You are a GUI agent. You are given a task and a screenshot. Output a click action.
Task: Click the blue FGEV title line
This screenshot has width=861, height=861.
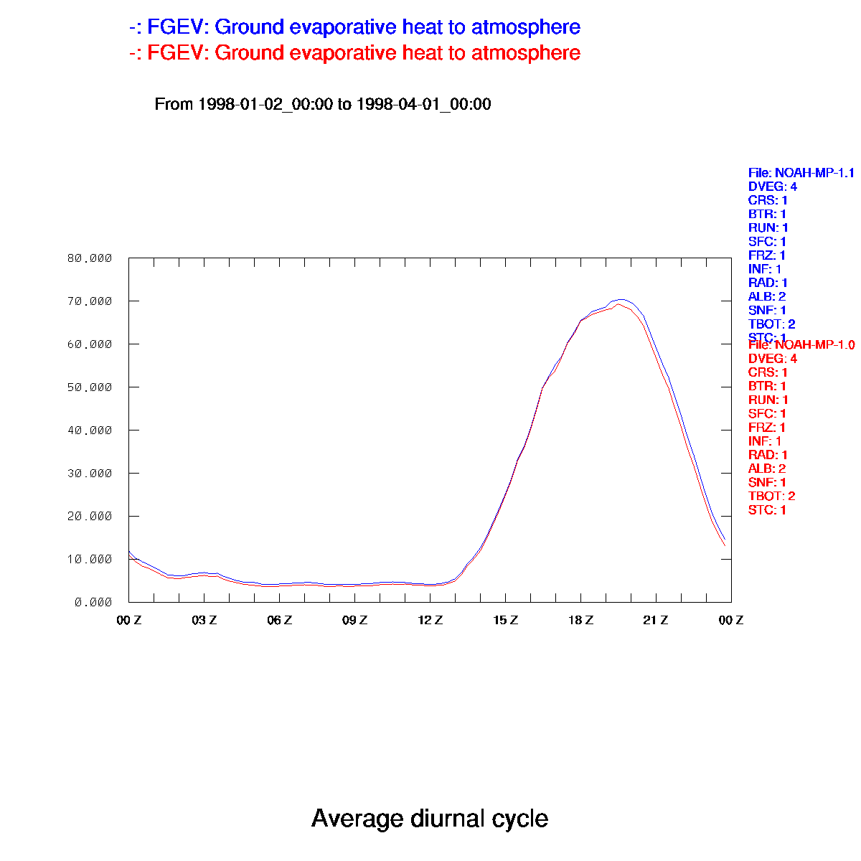tap(354, 27)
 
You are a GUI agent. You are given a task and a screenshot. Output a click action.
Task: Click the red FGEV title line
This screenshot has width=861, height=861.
tap(354, 53)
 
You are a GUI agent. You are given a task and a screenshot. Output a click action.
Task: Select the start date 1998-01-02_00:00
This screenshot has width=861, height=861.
tap(265, 104)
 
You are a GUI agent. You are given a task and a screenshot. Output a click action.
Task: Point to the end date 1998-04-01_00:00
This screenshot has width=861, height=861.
tap(423, 104)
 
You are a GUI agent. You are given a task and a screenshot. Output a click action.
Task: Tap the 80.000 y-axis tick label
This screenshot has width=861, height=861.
tap(90, 258)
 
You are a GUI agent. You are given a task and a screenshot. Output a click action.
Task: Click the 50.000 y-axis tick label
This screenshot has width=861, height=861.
tap(90, 387)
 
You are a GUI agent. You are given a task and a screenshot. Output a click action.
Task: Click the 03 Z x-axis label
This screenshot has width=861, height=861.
tap(204, 620)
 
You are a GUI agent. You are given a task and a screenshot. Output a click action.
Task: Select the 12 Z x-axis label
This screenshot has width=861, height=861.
tap(430, 620)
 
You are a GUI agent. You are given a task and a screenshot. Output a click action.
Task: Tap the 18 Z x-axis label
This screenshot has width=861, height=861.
tap(581, 620)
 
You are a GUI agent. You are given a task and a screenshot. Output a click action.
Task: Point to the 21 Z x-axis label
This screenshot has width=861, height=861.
tap(656, 620)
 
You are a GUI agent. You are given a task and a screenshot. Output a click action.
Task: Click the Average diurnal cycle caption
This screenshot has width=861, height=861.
tap(430, 819)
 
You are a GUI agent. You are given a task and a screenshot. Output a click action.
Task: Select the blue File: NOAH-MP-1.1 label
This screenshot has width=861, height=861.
tap(801, 173)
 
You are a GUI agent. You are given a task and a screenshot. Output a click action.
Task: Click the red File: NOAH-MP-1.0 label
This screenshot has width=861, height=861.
tap(801, 345)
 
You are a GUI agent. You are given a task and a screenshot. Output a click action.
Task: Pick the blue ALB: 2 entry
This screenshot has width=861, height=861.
tap(767, 296)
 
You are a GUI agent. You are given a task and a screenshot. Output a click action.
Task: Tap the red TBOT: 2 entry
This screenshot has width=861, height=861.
tap(771, 496)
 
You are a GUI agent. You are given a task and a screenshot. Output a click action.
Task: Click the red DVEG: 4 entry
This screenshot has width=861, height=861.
tap(772, 358)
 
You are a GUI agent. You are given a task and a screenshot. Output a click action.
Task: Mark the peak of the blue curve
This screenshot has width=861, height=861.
tap(621, 299)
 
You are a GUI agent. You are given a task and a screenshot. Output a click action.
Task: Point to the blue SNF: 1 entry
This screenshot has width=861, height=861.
tap(767, 310)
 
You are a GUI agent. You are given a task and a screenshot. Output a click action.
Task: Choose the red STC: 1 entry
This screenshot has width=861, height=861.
tap(767, 510)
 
